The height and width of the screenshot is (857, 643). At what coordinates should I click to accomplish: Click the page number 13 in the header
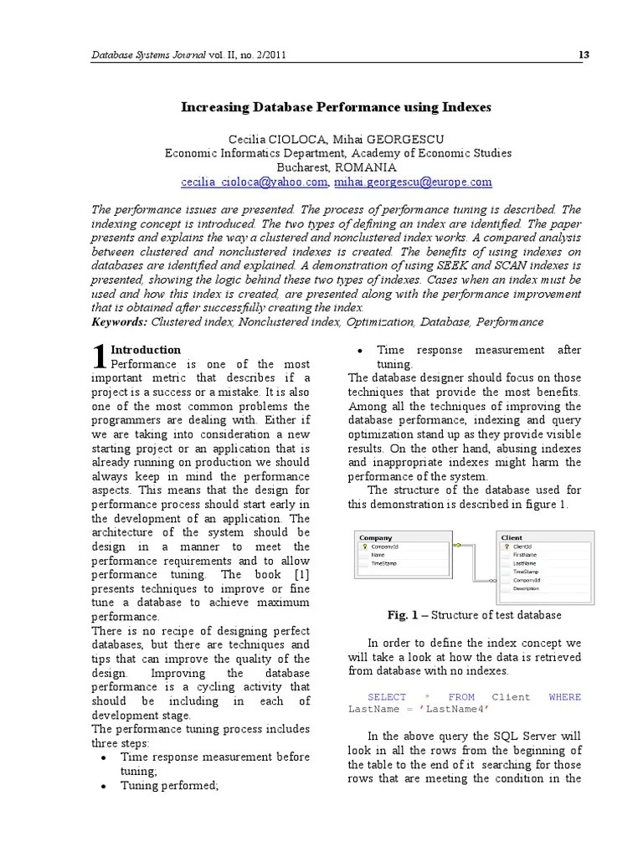pos(584,55)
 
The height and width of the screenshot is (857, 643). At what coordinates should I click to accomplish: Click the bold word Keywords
pos(118,321)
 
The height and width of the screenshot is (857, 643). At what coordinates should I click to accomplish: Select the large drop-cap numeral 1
pos(98,357)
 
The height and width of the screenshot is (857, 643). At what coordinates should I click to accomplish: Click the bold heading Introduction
pos(146,350)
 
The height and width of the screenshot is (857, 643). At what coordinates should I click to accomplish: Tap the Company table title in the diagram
pos(376,537)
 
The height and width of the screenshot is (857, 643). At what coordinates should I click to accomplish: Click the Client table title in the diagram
pos(512,537)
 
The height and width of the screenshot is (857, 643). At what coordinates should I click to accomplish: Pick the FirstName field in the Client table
pos(525,555)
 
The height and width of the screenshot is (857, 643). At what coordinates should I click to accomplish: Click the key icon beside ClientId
pos(506,547)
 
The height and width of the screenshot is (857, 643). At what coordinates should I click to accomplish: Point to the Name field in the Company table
pos(378,555)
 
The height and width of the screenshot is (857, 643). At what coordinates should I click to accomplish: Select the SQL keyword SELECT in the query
pos(387,696)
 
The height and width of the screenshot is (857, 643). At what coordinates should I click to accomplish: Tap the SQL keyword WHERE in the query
pos(564,696)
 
